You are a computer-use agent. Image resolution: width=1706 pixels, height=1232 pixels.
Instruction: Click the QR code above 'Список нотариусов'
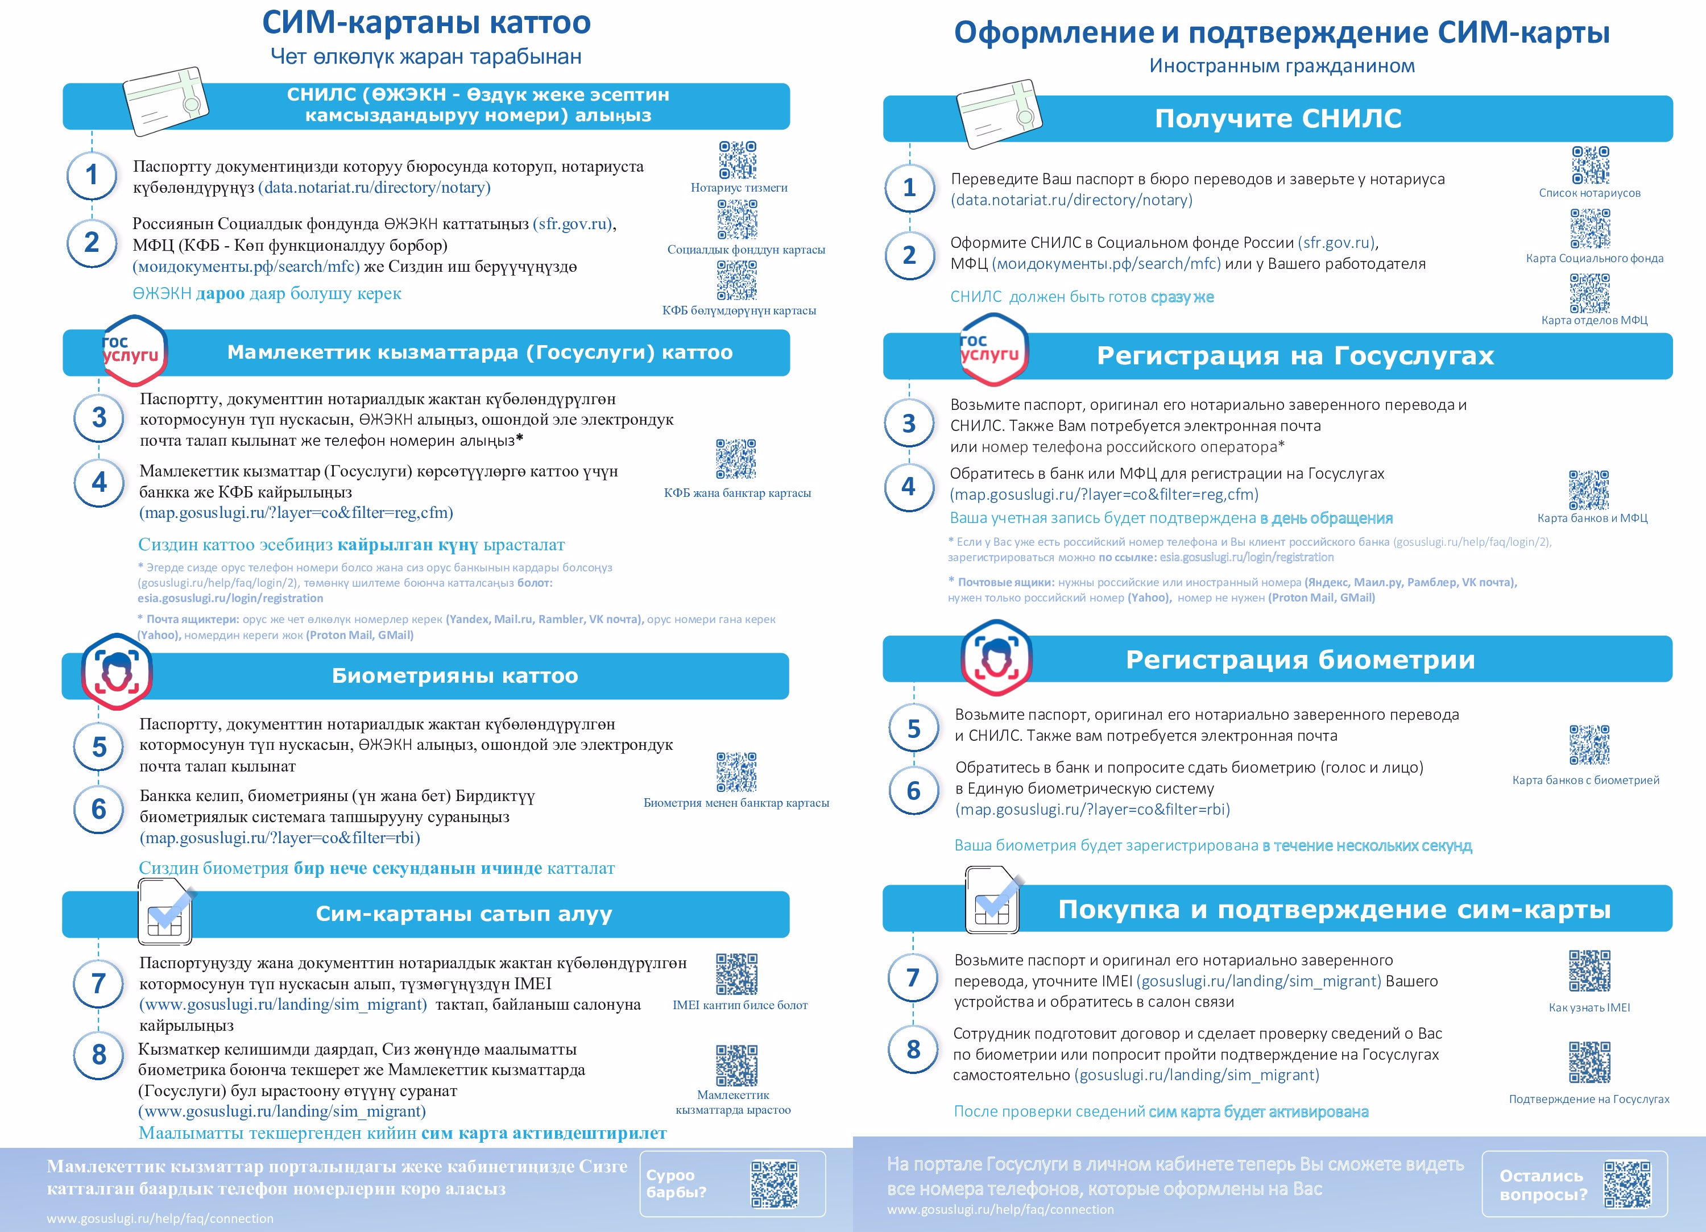coord(1590,165)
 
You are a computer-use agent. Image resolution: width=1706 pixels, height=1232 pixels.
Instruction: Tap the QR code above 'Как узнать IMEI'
coord(1589,970)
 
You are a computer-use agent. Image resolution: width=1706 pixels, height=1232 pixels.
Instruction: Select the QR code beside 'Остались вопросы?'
coord(1626,1184)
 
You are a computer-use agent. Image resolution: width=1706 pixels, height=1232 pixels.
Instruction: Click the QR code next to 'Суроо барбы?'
coord(774,1184)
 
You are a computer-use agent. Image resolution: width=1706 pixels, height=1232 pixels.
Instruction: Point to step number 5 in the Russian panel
coord(913,728)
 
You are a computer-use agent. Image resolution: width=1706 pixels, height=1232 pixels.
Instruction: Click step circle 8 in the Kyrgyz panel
coord(98,1055)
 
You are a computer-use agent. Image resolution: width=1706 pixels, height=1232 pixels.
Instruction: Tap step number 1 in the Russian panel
coord(909,187)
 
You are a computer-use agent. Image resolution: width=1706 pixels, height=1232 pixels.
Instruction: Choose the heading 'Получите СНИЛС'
coord(1278,118)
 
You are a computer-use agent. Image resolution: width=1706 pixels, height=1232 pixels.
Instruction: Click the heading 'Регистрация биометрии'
coord(1300,659)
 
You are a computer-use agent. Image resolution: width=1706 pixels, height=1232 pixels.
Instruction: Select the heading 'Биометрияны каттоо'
coord(454,675)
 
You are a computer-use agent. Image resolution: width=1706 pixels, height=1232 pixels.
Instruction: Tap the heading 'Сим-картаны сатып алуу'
coord(463,914)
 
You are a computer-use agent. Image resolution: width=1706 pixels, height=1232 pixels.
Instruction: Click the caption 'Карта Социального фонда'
coord(1594,258)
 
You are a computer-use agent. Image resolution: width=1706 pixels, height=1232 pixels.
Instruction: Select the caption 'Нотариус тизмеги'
coord(739,187)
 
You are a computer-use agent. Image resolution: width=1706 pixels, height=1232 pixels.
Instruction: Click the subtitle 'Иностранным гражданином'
coord(1281,65)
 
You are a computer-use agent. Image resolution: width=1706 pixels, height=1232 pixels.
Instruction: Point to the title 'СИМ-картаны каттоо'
coord(426,23)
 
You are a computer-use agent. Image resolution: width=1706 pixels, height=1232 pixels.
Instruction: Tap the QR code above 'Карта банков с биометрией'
coord(1589,745)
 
